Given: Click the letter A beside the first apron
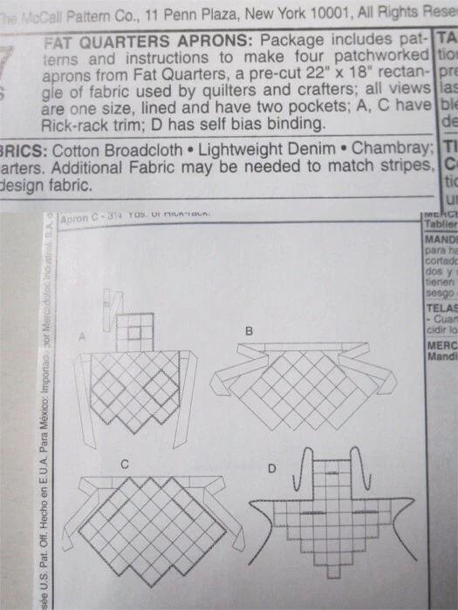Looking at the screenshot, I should (x=82, y=334).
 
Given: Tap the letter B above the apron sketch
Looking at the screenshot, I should (x=249, y=331).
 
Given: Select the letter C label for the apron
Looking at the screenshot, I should (x=125, y=464).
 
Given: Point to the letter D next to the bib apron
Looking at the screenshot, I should (x=272, y=469).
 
